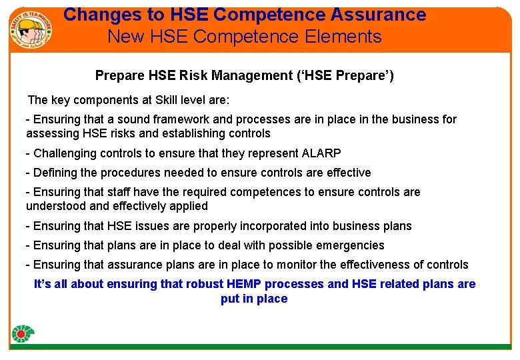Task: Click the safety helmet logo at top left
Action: click(x=31, y=27)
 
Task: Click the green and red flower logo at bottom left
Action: click(x=23, y=333)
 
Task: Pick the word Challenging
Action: click(x=64, y=153)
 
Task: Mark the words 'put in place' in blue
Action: click(x=254, y=299)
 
